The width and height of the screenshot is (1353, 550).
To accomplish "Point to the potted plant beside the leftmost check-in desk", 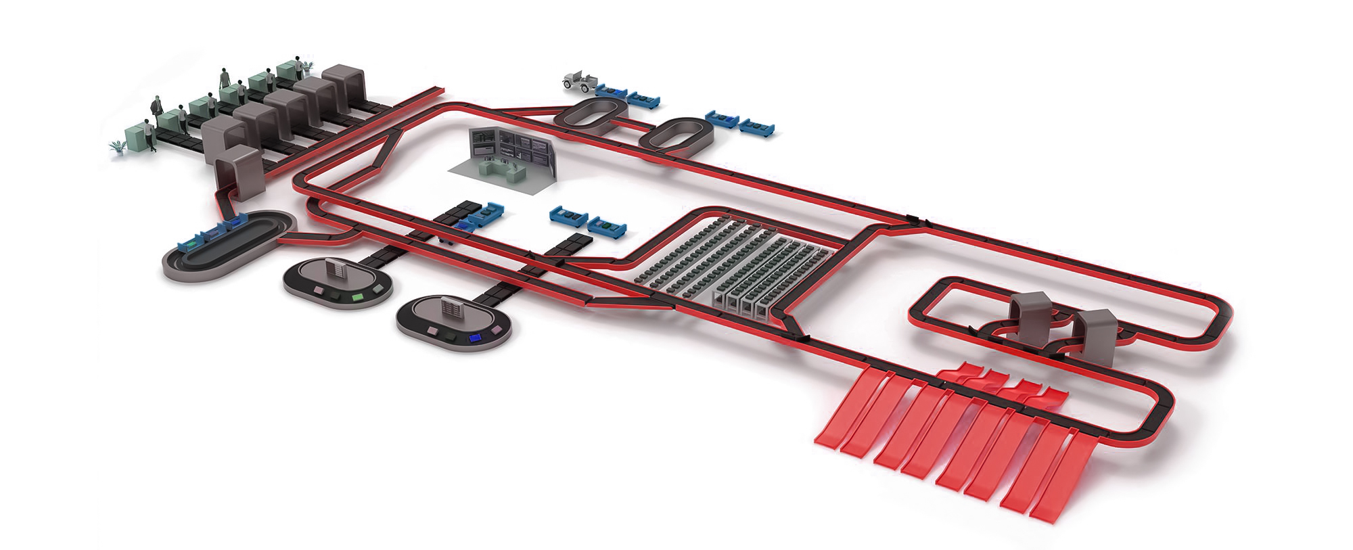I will [118, 147].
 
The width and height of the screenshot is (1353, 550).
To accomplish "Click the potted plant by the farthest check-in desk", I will [308, 66].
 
